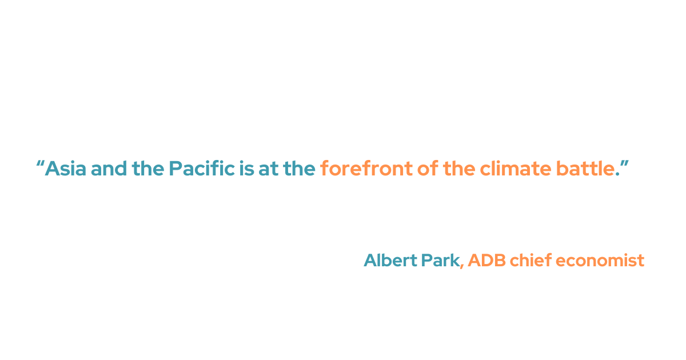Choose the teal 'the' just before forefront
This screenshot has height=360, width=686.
point(298,169)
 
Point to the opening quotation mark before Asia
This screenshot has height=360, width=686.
point(40,165)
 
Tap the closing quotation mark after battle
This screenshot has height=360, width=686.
point(624,165)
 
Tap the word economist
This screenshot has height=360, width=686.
point(600,261)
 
